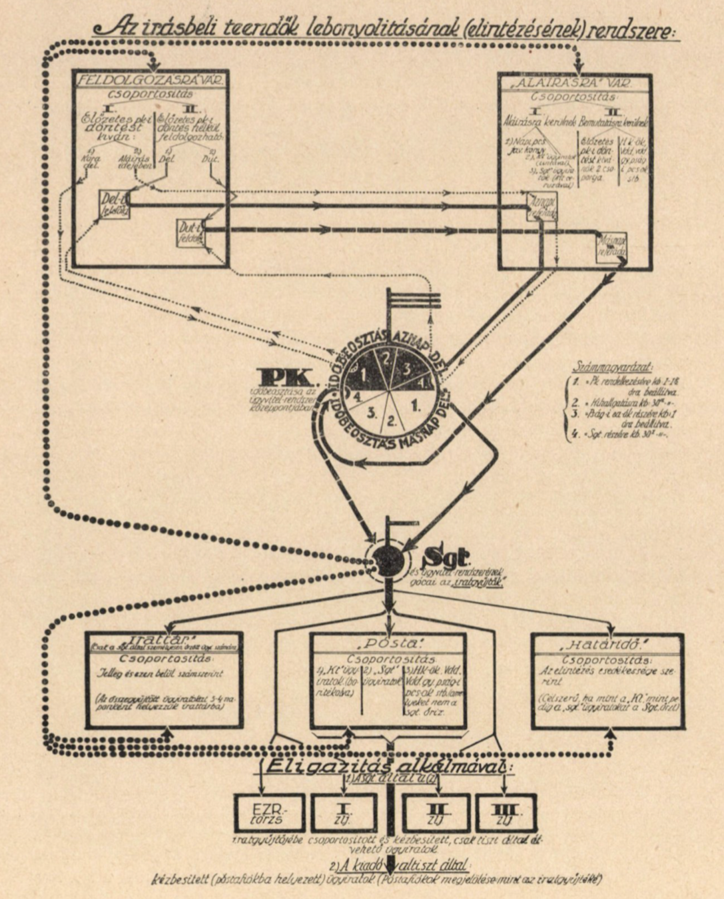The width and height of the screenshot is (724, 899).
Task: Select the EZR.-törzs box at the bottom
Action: click(269, 812)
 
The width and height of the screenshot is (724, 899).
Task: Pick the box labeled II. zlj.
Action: click(437, 812)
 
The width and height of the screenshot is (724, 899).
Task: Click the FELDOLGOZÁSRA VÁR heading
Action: click(151, 80)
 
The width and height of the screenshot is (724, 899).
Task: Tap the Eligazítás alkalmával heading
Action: click(389, 766)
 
